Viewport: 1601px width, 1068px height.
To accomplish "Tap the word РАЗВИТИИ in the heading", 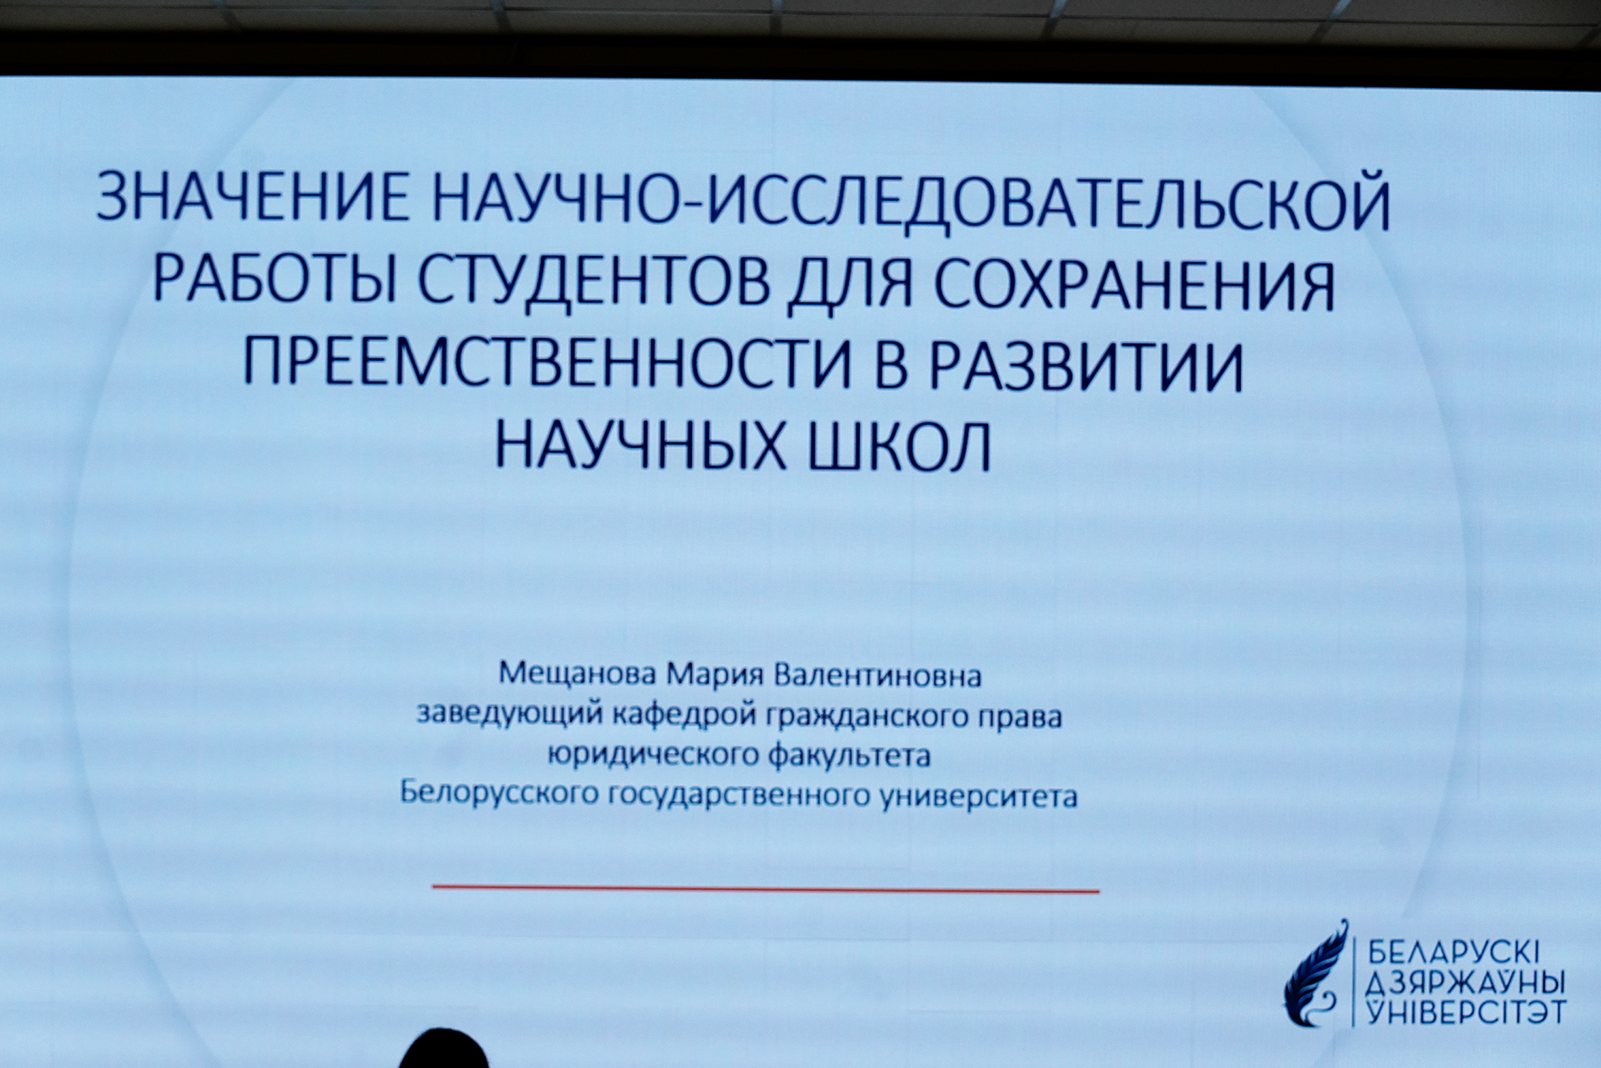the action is point(1087,365).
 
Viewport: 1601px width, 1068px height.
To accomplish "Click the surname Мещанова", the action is point(578,674).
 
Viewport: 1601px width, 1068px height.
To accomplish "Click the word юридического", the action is point(652,755).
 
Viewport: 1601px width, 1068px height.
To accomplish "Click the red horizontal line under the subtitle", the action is point(766,887).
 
